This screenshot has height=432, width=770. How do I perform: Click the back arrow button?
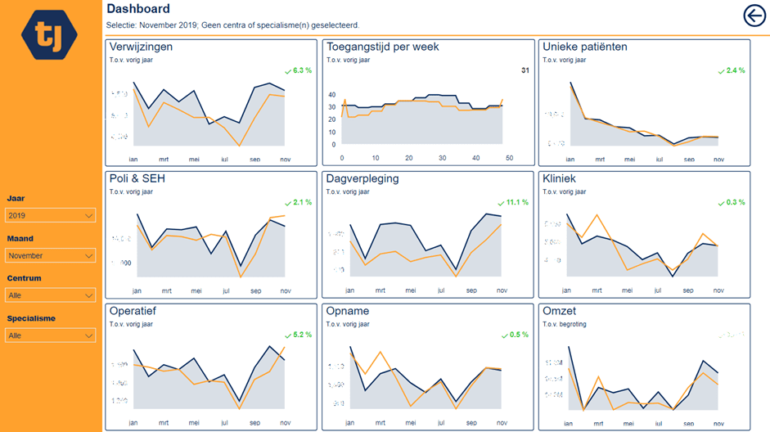coord(754,16)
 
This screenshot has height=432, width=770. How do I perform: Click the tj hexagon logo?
coord(49,35)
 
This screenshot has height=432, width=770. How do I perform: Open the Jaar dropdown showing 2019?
coord(50,215)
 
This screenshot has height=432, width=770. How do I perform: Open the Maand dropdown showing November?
coord(50,255)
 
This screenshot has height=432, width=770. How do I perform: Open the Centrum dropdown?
coord(50,295)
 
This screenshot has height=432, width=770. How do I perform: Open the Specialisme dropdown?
coord(50,335)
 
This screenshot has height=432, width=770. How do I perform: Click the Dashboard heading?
coord(138,9)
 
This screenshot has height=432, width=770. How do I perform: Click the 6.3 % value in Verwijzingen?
coord(302,70)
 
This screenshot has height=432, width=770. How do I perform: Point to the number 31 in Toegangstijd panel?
coord(525,70)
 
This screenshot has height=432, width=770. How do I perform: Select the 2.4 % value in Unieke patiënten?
coord(735,70)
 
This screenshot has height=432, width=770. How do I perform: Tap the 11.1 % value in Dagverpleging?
coord(517,202)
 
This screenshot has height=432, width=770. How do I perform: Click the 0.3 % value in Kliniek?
coord(735,202)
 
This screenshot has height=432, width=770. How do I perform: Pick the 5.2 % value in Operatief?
coord(302,335)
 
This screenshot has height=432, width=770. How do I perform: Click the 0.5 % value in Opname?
coord(519,335)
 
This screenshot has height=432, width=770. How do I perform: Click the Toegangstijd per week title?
coord(382,47)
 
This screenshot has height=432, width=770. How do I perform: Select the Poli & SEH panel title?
coord(137,178)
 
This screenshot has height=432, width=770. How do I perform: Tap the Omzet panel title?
coord(559,311)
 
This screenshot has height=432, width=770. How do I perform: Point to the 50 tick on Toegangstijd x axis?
coord(509,158)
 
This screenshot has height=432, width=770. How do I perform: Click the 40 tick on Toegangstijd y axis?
coord(332,95)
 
